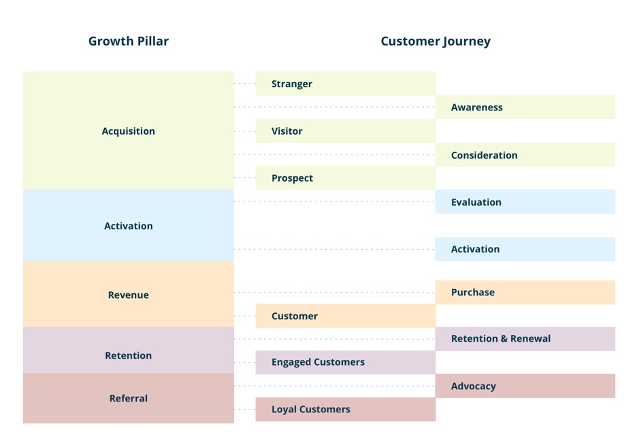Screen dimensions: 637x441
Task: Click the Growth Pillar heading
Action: point(129,41)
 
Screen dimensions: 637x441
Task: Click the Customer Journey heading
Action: point(436,42)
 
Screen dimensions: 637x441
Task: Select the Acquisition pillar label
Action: point(129,131)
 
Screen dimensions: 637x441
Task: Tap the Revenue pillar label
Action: point(129,295)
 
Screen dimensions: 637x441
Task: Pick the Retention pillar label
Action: point(129,355)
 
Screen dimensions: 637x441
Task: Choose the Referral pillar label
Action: point(129,398)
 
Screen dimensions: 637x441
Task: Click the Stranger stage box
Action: point(345,84)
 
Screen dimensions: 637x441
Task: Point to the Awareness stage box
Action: point(525,108)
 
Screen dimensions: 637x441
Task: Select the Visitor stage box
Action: point(345,131)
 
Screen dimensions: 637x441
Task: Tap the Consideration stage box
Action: point(525,154)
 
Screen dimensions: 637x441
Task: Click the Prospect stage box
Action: point(345,178)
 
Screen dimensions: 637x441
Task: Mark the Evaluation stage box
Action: point(525,202)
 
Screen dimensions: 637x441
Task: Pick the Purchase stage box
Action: point(525,293)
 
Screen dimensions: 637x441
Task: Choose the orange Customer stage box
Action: point(345,316)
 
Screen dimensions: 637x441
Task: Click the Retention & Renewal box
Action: point(525,339)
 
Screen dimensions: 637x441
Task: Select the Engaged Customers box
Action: point(345,362)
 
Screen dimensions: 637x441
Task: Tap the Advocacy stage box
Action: point(525,386)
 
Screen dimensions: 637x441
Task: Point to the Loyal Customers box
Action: point(345,409)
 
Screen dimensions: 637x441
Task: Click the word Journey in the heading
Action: point(466,42)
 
